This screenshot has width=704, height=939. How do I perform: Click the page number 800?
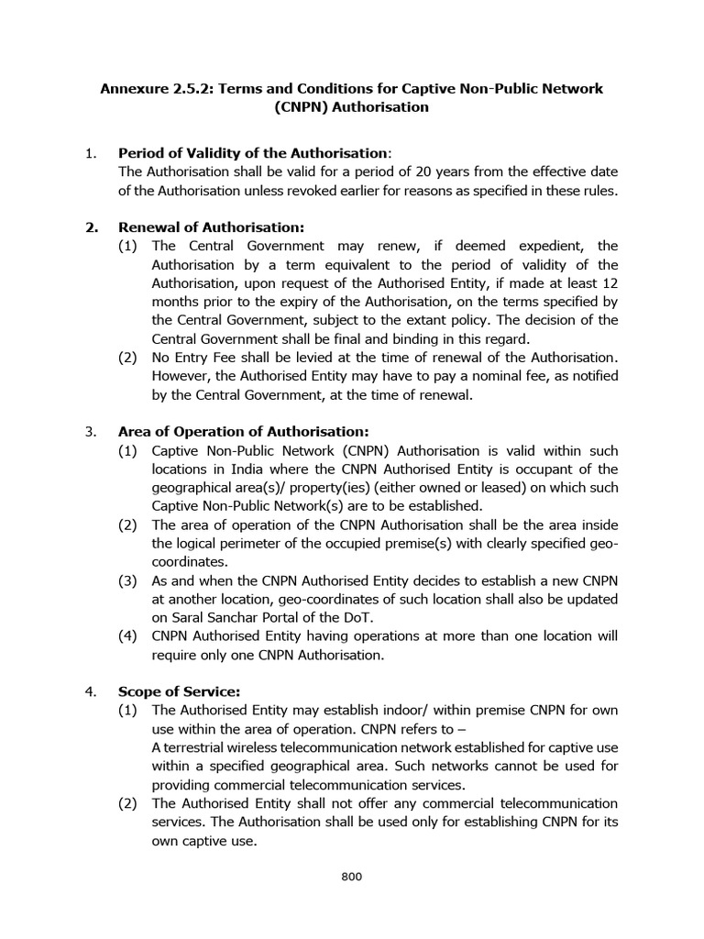pos(352,877)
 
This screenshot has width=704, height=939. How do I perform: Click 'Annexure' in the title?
pos(134,88)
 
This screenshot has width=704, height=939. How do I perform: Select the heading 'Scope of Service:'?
pos(179,691)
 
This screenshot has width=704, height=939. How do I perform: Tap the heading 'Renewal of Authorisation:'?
pos(211,226)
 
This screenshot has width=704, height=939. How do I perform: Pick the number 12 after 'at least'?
pos(609,282)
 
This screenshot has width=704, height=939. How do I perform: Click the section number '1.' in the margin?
pos(91,152)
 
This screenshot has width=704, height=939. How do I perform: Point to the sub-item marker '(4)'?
pos(128,635)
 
